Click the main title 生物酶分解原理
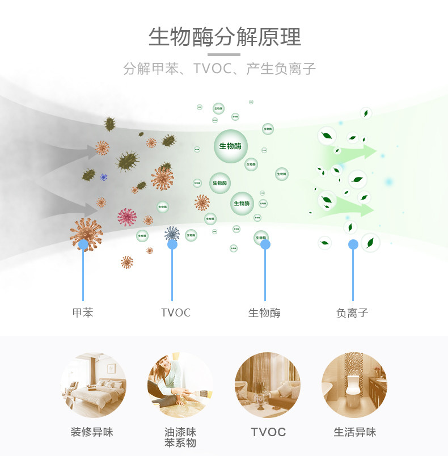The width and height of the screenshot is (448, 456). pos(225,37)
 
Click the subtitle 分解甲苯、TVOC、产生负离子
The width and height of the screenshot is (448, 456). pos(219,69)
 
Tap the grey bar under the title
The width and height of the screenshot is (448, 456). pos(224,54)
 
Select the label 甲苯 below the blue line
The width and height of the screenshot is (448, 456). pos(83,313)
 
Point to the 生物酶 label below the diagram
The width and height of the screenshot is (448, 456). pos(264,313)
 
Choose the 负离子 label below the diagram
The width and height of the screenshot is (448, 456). pos(352,313)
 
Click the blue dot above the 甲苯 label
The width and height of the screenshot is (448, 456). pos(83,244)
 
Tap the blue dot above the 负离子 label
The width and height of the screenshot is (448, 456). pos(353,244)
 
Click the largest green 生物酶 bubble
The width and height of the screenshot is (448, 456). pos(231,146)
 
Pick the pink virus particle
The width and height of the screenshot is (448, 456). pos(127,217)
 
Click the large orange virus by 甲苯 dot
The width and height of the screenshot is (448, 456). pos(86,233)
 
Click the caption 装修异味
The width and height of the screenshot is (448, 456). pos(92,432)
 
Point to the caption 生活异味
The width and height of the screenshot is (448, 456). pos(355,432)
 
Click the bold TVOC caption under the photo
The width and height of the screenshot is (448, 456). pos(268,432)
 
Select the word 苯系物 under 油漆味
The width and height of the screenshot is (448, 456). pos(180,443)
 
